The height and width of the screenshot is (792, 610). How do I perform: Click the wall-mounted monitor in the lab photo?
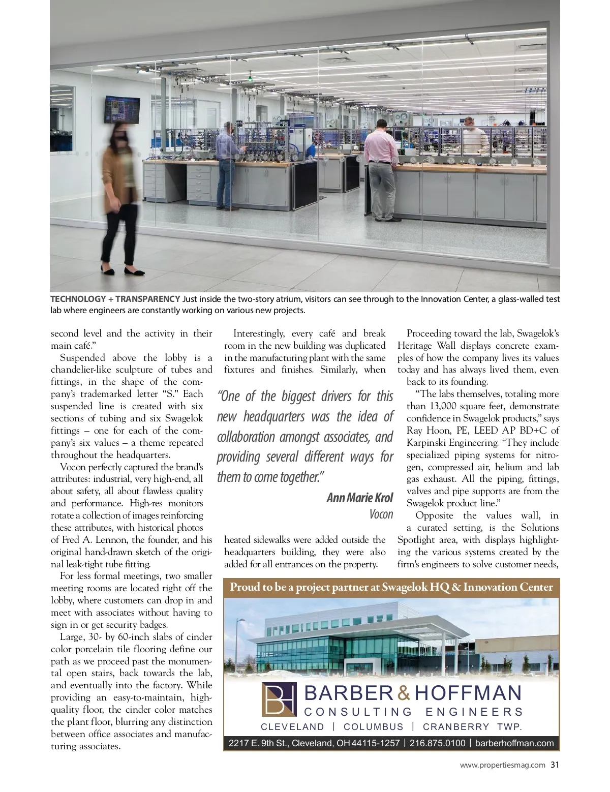pyautogui.click(x=122, y=110)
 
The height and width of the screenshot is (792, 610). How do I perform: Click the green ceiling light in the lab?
pyautogui.click(x=250, y=78)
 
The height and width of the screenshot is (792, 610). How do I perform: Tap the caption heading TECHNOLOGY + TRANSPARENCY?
pyautogui.click(x=115, y=299)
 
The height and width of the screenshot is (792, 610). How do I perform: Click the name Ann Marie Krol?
pyautogui.click(x=360, y=498)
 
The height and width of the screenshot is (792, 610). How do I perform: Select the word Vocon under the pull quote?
pyautogui.click(x=381, y=514)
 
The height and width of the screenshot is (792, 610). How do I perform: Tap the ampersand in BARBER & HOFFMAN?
pyautogui.click(x=403, y=693)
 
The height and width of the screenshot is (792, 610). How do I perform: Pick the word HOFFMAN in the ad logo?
pyautogui.click(x=468, y=693)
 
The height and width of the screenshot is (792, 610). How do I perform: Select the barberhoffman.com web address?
pyautogui.click(x=514, y=743)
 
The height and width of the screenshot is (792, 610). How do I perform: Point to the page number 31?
pyautogui.click(x=555, y=765)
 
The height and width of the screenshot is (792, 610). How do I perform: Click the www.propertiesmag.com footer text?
pyautogui.click(x=502, y=765)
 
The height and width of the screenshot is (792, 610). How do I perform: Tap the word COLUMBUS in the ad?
pyautogui.click(x=373, y=727)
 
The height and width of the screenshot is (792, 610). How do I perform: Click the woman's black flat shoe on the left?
pyautogui.click(x=108, y=268)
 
